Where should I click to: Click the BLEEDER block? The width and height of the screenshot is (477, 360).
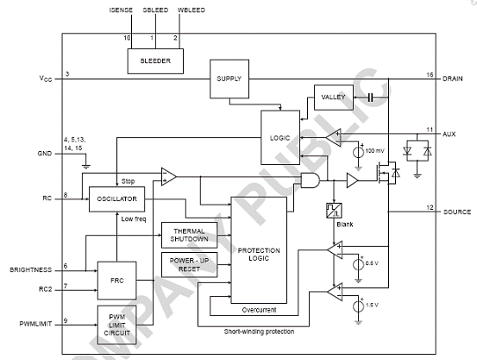click(x=155, y=61)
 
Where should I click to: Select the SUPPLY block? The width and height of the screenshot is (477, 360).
click(x=229, y=79)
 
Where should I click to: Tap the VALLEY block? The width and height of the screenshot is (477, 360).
click(x=334, y=98)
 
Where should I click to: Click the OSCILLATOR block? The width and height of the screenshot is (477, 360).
click(x=116, y=199)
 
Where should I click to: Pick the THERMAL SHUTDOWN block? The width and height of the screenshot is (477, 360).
click(x=189, y=235)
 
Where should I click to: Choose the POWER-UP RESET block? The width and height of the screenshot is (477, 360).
click(x=189, y=265)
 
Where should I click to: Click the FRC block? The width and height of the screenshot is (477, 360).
click(x=116, y=281)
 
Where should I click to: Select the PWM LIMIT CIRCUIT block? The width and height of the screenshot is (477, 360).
click(x=116, y=325)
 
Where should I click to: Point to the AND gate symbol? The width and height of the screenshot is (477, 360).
click(x=310, y=180)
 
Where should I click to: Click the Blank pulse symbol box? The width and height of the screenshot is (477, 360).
click(x=334, y=211)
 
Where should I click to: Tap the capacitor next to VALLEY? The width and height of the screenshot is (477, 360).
click(x=370, y=98)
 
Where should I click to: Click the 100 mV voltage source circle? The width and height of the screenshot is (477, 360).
click(x=358, y=152)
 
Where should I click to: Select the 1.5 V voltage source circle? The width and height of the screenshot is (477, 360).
click(x=358, y=306)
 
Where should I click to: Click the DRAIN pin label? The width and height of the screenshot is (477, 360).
click(x=452, y=79)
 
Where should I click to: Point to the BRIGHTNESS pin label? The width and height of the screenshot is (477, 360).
click(x=31, y=270)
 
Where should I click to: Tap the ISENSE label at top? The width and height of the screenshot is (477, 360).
click(x=121, y=10)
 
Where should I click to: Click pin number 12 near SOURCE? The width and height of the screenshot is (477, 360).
click(x=430, y=207)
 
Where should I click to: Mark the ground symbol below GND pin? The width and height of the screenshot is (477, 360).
click(x=86, y=167)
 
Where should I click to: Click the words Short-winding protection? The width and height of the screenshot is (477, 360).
click(x=259, y=332)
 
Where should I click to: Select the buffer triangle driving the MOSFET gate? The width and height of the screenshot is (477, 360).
click(x=352, y=180)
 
